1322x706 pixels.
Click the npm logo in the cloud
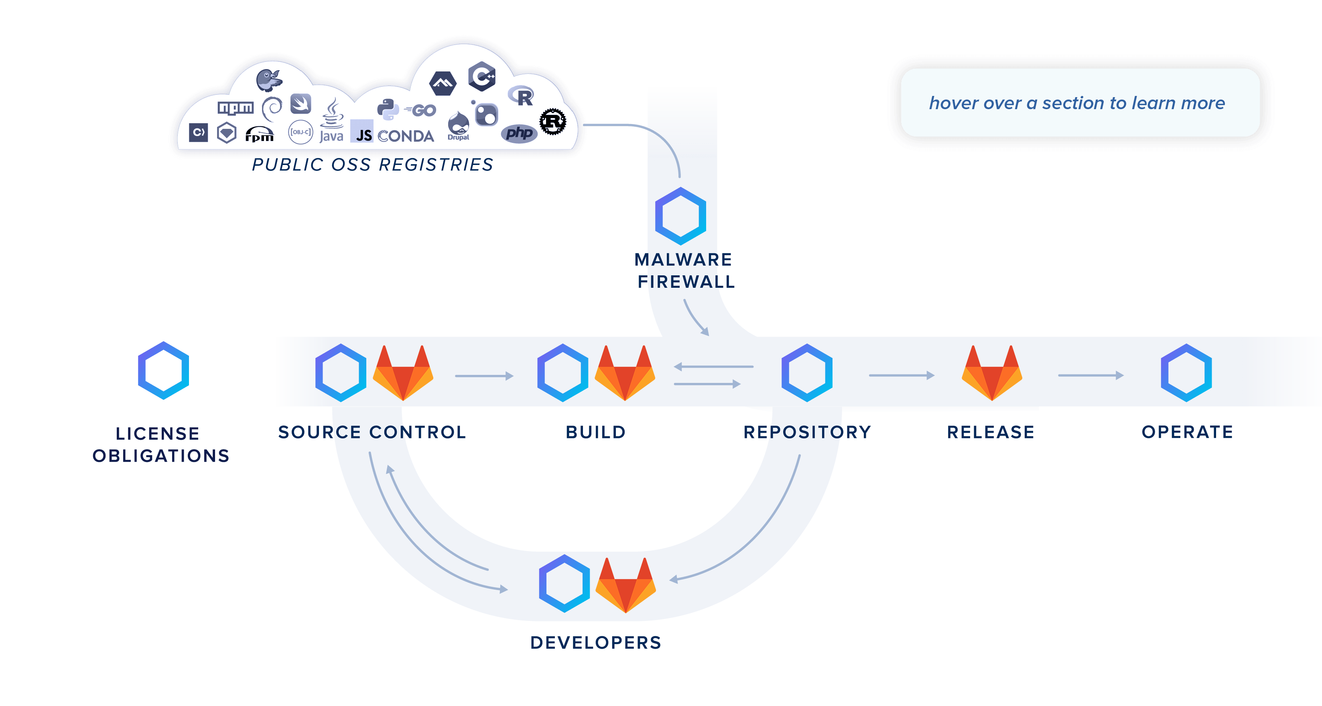coord(236,108)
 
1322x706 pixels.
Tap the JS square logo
coord(362,132)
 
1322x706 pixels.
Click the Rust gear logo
coord(553,122)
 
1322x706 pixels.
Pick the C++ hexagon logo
coord(482,77)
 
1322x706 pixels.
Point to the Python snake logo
coord(388,109)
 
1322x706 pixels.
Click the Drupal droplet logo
coord(458,125)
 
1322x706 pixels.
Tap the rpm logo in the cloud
coord(259,134)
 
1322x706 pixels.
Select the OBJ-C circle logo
coord(300,132)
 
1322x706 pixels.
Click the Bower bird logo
coord(270,79)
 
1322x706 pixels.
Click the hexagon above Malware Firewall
coord(680,216)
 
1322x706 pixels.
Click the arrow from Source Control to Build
coord(484,376)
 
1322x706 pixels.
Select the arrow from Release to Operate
coord(1090,375)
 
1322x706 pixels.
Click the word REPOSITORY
coord(807,432)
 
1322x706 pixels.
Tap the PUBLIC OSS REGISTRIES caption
coord(373,165)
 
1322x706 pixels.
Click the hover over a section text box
coord(1078,103)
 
